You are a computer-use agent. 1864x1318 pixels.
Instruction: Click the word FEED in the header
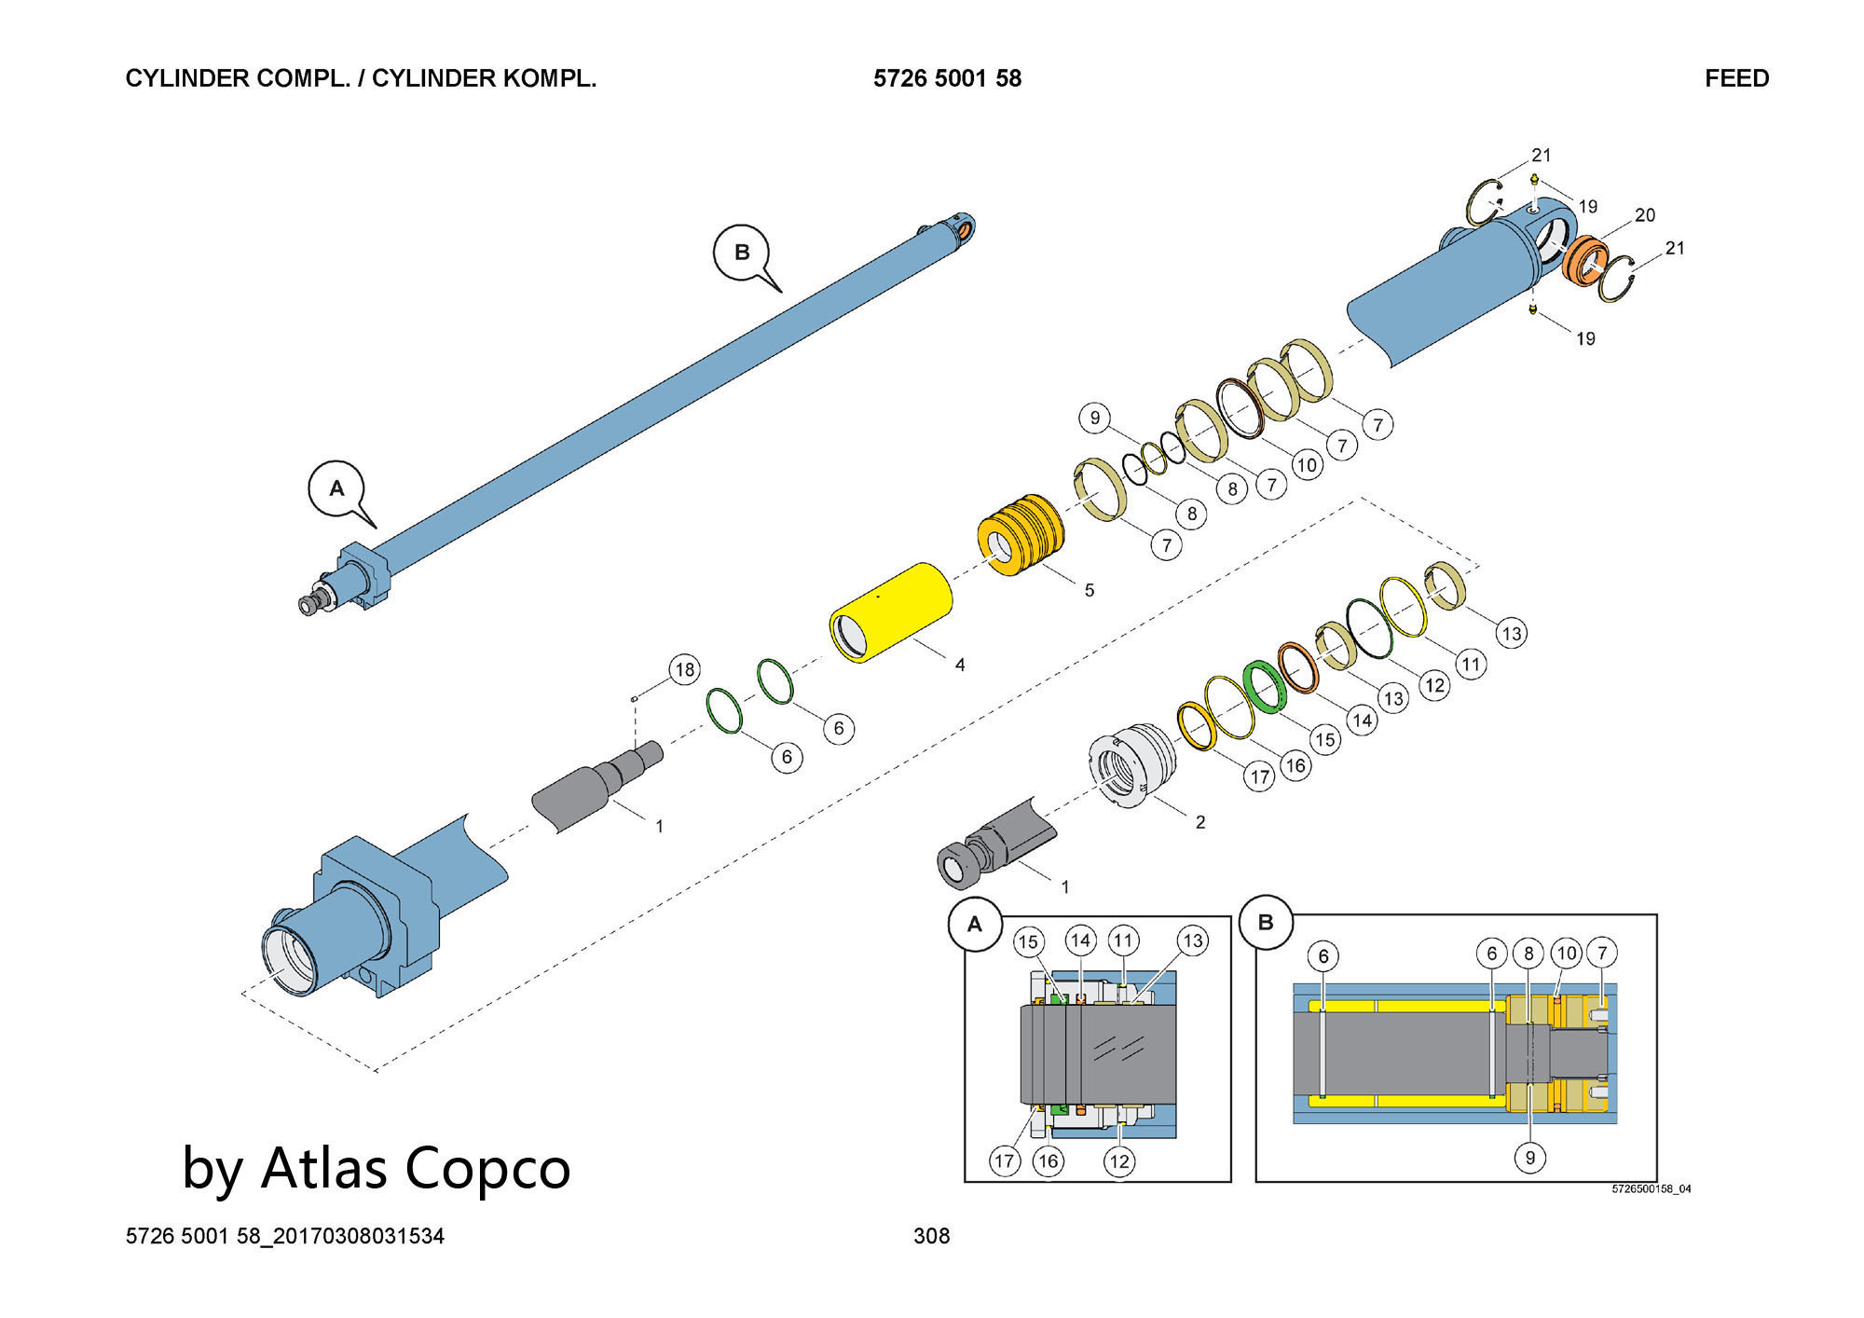[x=1736, y=78]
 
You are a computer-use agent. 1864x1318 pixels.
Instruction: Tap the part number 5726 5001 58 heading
[x=947, y=78]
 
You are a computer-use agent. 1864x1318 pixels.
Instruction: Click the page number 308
[x=931, y=1236]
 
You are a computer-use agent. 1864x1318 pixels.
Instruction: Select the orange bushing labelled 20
[x=1585, y=260]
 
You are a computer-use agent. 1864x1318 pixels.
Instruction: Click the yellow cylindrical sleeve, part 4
[x=891, y=612]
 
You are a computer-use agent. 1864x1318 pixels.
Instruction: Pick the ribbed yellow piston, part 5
[x=1021, y=535]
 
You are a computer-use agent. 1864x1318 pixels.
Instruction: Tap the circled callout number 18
[x=685, y=669]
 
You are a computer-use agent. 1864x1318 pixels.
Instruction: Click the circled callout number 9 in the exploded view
[x=1095, y=418]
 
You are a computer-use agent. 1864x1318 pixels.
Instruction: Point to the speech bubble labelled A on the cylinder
[x=337, y=489]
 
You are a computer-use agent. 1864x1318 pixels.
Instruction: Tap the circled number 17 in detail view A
[x=1004, y=1160]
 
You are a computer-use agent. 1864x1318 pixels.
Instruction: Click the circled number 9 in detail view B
[x=1529, y=1158]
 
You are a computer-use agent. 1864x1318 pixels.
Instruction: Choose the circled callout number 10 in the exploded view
[x=1307, y=464]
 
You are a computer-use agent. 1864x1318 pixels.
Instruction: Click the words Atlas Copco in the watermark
[x=416, y=1168]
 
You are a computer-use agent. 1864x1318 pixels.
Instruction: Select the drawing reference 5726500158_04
[x=1652, y=1189]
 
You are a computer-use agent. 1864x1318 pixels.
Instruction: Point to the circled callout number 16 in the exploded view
[x=1295, y=765]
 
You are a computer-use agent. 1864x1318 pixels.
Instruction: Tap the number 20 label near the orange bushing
[x=1645, y=215]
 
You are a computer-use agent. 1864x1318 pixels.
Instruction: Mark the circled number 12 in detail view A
[x=1119, y=1161]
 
